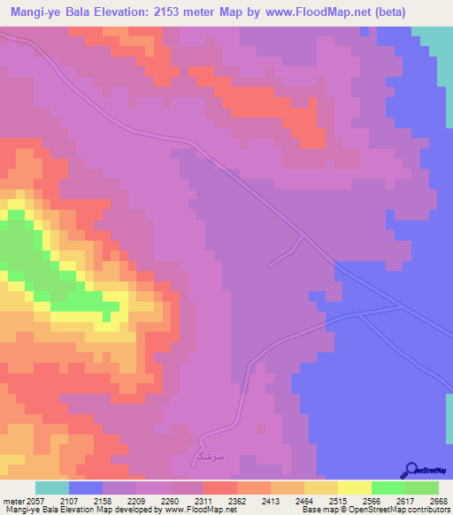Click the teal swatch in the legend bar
pos(52,488)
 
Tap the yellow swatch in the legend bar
pos(354,488)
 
